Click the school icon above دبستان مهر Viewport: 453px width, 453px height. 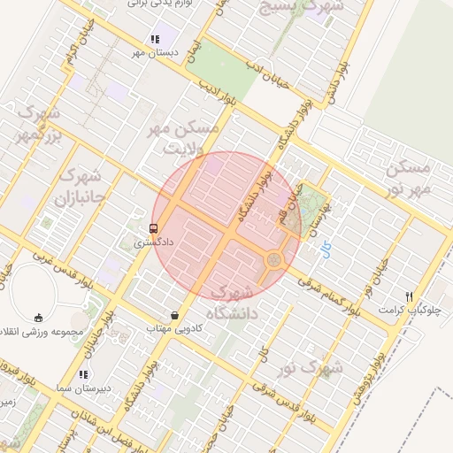[x=156, y=40]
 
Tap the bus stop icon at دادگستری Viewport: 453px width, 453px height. [x=155, y=227]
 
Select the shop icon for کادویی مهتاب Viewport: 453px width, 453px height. [x=174, y=314]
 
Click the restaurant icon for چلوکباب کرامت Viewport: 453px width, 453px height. [x=408, y=296]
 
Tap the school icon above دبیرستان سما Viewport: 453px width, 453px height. [x=84, y=374]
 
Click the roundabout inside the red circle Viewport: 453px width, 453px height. [x=274, y=260]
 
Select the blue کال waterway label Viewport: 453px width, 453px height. [x=326, y=250]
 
